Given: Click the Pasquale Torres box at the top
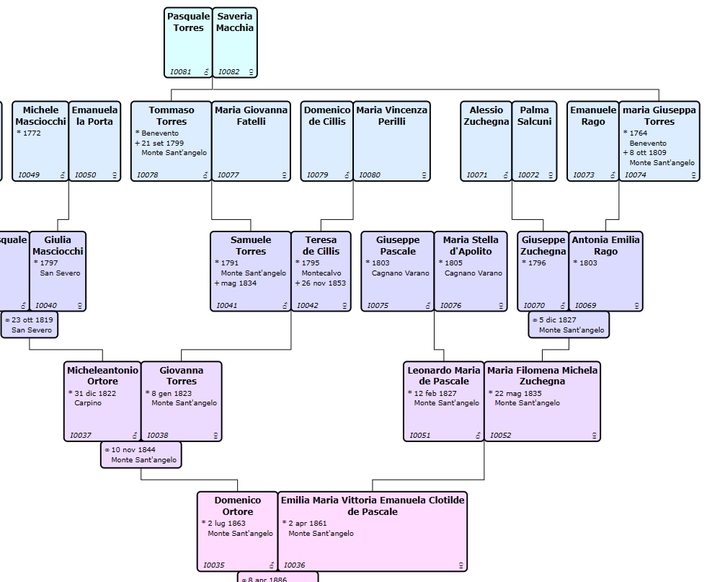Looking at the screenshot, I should (x=188, y=43).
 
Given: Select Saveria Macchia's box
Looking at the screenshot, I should (x=235, y=43).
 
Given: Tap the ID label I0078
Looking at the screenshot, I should (x=148, y=175).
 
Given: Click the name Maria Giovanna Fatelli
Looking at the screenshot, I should (x=251, y=115).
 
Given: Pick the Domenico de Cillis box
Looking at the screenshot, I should (x=326, y=141).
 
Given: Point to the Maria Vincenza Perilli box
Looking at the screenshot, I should (x=391, y=141).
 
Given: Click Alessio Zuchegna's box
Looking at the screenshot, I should (x=486, y=141).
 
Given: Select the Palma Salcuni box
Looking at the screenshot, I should (x=534, y=141).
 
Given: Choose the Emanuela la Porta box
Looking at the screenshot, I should (x=94, y=141).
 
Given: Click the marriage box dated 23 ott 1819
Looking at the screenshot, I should (x=30, y=324).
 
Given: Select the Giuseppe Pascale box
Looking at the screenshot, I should (x=397, y=271).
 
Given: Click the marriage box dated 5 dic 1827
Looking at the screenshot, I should (x=569, y=324).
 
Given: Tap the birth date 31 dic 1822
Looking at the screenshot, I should (x=94, y=393).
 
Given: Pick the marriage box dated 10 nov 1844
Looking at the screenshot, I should (x=141, y=454).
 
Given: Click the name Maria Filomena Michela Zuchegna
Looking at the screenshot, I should (x=542, y=376).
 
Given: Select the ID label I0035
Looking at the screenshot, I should (x=214, y=565).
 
